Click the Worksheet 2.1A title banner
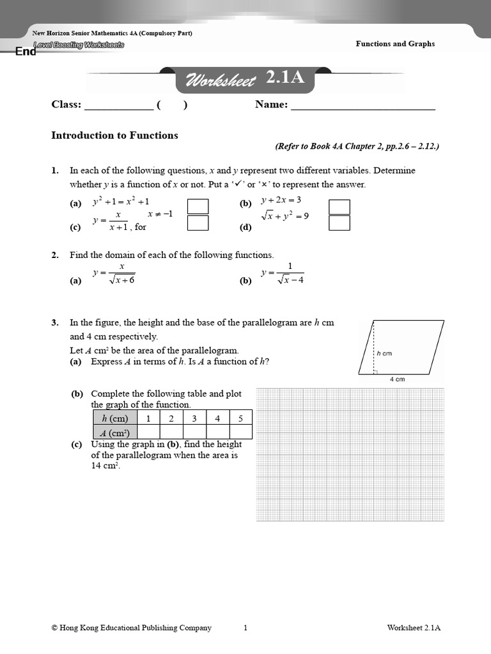point(245,79)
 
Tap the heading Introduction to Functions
point(114,135)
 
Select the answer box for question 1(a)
point(198,206)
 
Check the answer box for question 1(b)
point(339,206)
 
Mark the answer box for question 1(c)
point(198,222)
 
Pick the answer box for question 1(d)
point(339,222)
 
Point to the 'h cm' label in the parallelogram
point(384,353)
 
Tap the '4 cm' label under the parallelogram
point(397,379)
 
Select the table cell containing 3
point(194,418)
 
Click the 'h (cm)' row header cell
point(115,418)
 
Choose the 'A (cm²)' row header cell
point(115,432)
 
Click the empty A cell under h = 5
point(240,432)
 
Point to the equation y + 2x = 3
point(281,200)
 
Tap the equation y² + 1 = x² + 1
point(121,201)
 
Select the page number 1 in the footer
point(245,628)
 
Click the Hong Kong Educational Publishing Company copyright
point(131,628)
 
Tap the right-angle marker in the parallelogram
point(376,371)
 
